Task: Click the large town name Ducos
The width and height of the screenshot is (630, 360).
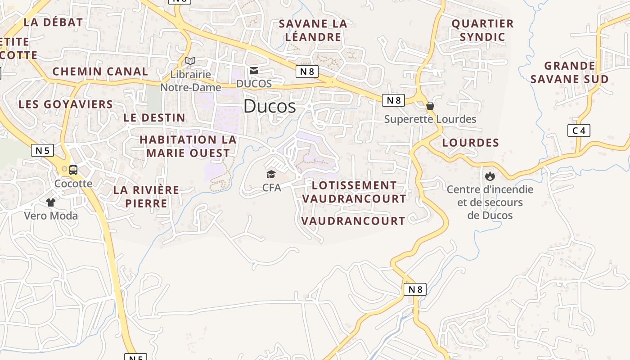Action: (270, 106)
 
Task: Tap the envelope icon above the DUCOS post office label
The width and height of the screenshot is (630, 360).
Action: (254, 71)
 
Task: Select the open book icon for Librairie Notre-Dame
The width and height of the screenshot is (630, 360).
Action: (190, 61)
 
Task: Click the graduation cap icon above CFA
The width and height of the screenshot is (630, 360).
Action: (271, 174)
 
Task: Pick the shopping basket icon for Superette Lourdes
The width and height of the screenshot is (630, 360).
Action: (430, 106)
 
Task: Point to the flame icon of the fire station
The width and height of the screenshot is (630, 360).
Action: (490, 176)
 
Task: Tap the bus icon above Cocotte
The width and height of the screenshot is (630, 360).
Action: (73, 170)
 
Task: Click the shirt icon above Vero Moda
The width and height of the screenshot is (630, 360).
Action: (50, 202)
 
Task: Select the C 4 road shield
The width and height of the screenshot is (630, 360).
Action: (578, 130)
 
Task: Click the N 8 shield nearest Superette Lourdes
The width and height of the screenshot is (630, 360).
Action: (393, 100)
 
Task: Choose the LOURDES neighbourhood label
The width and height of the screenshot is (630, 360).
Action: (470, 143)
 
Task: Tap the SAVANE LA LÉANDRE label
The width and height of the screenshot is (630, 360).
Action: (313, 30)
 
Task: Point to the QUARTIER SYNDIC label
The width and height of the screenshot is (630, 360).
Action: (482, 30)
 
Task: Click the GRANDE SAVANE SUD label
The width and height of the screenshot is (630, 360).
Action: (569, 72)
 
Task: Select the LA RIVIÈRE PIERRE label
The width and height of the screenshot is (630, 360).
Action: (146, 197)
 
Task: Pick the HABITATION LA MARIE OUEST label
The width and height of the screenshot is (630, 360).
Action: (188, 146)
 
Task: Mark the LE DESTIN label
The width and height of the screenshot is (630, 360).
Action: (154, 118)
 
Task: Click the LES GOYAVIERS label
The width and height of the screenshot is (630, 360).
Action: (66, 104)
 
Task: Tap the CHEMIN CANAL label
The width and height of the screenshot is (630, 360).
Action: (100, 72)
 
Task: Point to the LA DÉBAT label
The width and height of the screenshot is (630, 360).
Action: (53, 22)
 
